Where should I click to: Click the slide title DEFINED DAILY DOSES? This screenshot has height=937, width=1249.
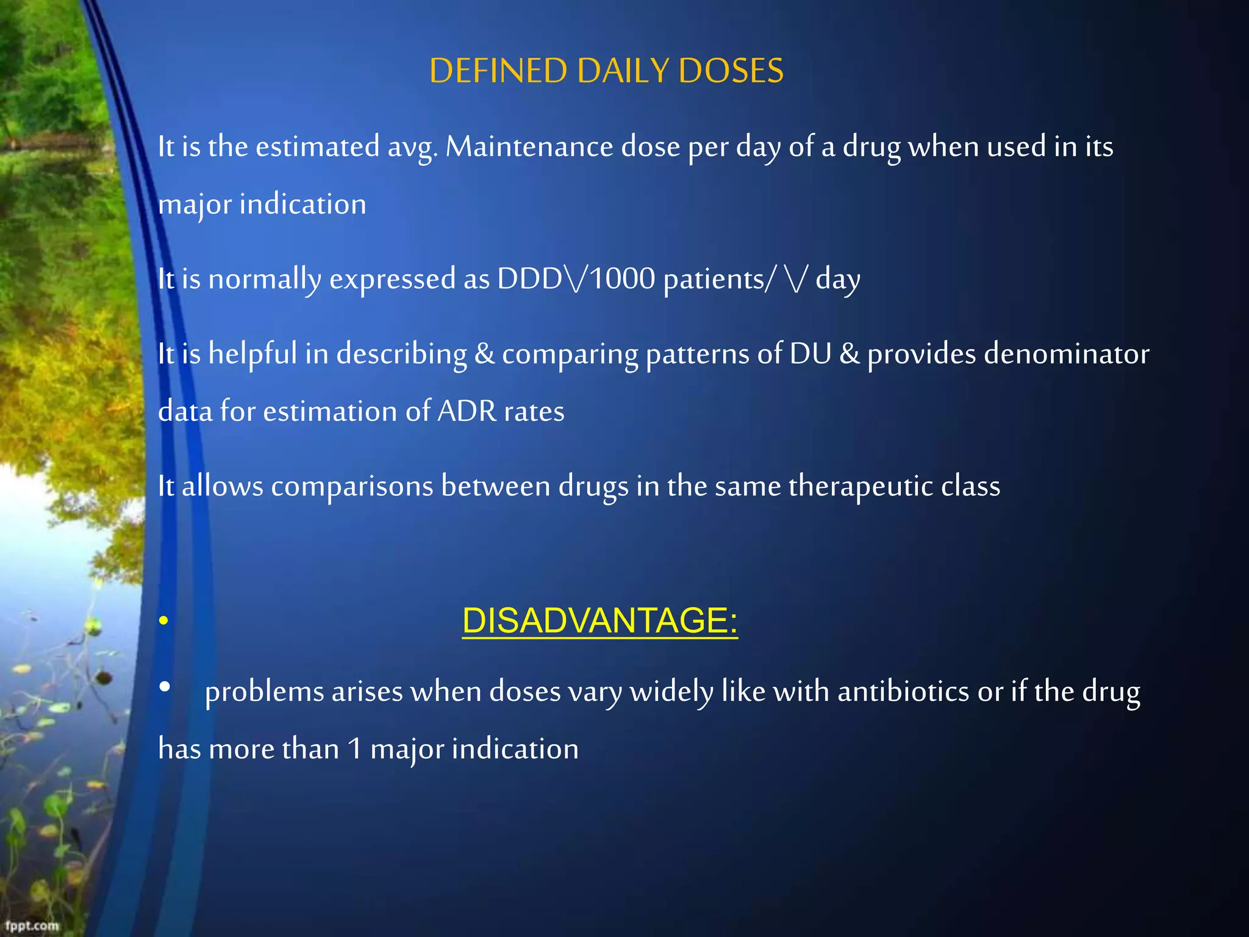tap(606, 71)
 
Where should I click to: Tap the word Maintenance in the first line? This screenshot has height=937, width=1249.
tap(529, 147)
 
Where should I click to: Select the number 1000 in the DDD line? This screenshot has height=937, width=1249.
tap(622, 279)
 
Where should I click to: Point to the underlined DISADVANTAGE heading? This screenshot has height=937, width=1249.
tap(599, 621)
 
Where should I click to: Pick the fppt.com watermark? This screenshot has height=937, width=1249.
tap(32, 925)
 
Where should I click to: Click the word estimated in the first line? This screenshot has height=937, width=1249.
tap(317, 147)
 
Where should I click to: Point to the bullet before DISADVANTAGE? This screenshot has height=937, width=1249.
tap(163, 622)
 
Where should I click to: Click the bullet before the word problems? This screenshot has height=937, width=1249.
tap(164, 687)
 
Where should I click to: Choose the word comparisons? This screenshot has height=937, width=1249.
tap(351, 487)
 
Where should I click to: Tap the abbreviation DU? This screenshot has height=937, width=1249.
tap(810, 354)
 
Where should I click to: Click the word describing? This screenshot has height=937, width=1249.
tap(401, 354)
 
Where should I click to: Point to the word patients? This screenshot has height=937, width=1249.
tap(713, 279)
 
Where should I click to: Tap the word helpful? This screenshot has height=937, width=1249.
tap(252, 354)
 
